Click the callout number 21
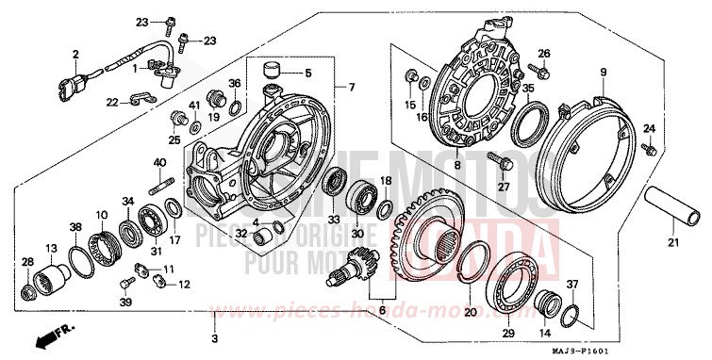click(x=672, y=242)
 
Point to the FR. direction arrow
click(x=48, y=333)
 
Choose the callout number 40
click(x=159, y=162)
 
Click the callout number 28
click(x=26, y=262)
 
